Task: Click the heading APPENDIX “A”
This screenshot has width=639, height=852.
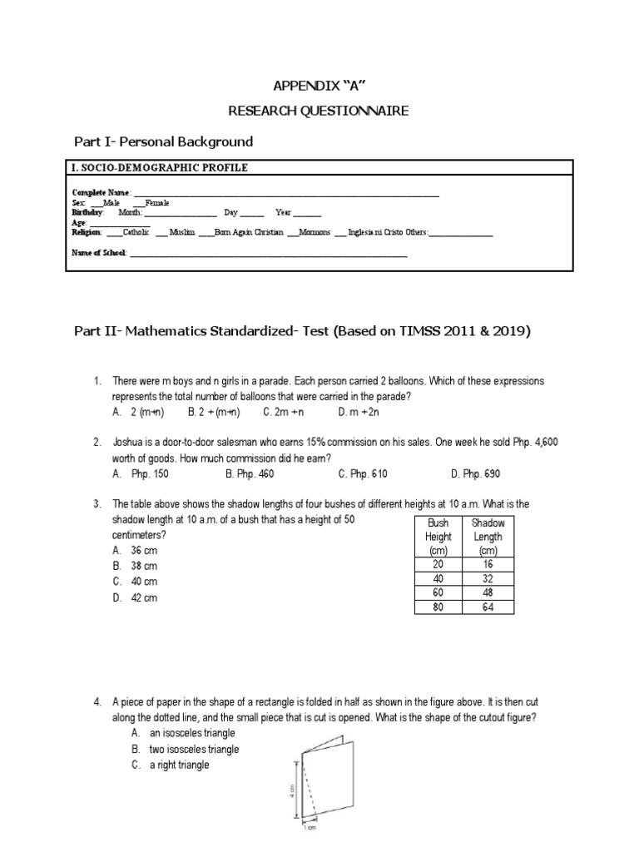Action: (319, 87)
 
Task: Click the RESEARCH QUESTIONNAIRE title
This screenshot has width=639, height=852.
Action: (319, 111)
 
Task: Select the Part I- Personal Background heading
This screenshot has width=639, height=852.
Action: (163, 142)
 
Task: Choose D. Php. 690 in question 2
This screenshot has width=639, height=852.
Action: (475, 473)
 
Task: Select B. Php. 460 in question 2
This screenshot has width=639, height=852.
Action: (249, 473)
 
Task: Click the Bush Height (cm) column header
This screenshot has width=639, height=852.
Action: (438, 537)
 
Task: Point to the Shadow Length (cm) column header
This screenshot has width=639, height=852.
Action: (488, 537)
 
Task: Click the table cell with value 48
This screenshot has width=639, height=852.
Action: (488, 592)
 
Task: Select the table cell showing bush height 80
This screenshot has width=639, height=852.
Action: (438, 607)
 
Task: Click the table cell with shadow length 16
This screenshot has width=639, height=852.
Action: (488, 564)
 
